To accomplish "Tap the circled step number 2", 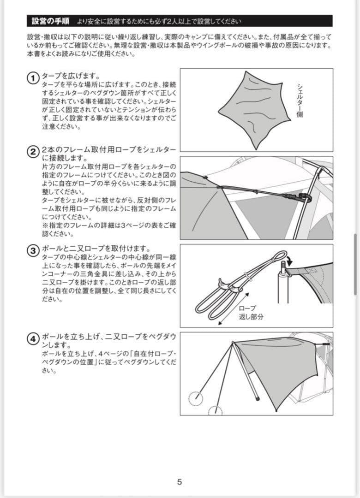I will (x=33, y=152).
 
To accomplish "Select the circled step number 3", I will (x=33, y=251).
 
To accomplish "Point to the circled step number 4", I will (x=33, y=339).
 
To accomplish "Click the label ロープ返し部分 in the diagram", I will (x=251, y=313).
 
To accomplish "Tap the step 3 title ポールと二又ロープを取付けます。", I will (x=96, y=249).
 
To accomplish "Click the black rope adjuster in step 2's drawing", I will (x=304, y=199).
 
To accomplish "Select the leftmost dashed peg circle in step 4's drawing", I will (x=196, y=397).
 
